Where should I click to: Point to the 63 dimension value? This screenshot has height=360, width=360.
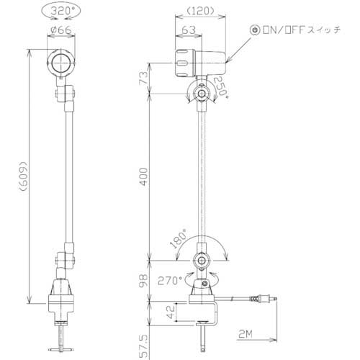pyautogui.click(x=185, y=30)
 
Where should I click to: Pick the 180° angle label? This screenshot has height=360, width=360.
pyautogui.click(x=179, y=238)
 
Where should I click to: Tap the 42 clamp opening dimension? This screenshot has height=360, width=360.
pyautogui.click(x=170, y=313)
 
